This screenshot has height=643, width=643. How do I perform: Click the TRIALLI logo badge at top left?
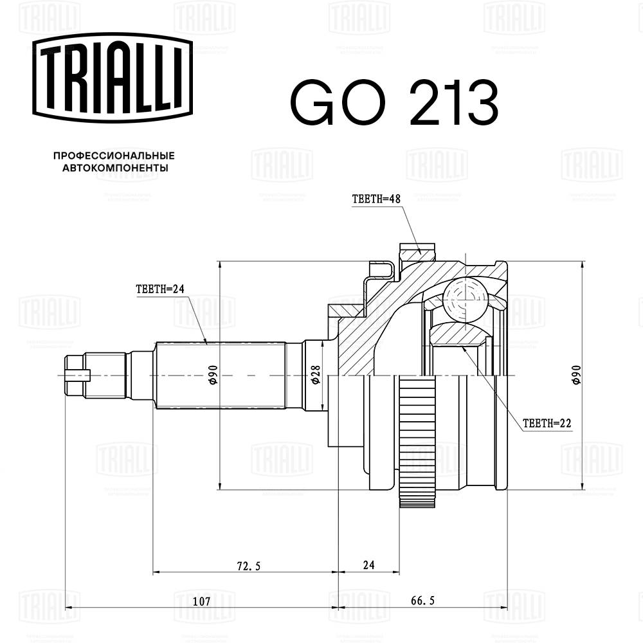click(x=113, y=78)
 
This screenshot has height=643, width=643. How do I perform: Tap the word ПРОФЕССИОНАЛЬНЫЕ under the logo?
click(x=114, y=156)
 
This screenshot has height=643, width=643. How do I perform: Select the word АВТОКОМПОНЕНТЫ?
click(x=115, y=168)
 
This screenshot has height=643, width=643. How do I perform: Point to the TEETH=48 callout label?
click(x=376, y=199)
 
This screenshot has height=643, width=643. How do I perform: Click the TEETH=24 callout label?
click(x=160, y=289)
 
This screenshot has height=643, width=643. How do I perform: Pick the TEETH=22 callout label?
click(x=547, y=423)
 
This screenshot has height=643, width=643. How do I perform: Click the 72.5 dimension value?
click(x=248, y=566)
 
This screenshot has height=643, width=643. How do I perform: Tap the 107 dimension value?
click(x=201, y=601)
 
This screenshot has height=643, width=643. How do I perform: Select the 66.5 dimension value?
click(x=423, y=601)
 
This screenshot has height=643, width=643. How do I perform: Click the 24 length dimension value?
click(x=368, y=565)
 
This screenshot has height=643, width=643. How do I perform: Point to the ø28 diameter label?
click(x=315, y=375)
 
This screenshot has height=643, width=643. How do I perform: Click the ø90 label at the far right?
click(x=576, y=375)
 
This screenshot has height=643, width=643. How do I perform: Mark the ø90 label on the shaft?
click(x=213, y=375)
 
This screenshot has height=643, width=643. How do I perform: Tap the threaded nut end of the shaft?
click(x=77, y=375)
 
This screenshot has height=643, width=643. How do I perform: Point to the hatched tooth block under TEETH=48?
click(x=417, y=252)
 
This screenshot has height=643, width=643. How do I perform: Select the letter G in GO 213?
click(x=313, y=103)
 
